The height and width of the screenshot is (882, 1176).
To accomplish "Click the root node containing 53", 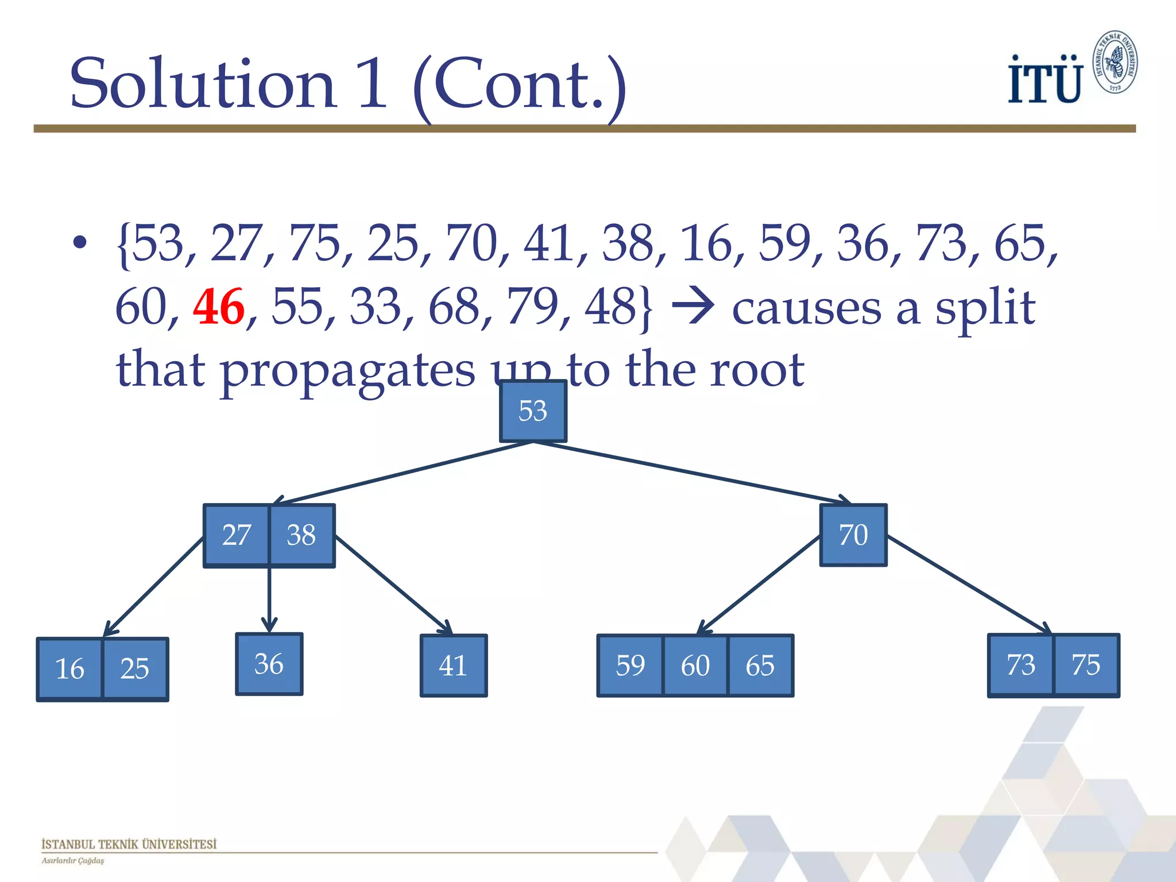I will coord(533,411).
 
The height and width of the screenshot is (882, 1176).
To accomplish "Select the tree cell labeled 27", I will coord(237,535).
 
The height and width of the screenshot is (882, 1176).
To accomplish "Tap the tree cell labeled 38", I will coord(301,535).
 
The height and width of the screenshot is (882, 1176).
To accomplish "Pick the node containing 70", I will coord(853,535).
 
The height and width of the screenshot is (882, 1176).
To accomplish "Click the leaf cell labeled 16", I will coord(69,669).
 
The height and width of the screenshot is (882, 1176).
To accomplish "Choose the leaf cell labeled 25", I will coord(135,669).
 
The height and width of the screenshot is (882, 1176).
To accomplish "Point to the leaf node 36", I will coord(269,664).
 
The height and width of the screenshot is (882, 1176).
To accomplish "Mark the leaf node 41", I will coord(453,666).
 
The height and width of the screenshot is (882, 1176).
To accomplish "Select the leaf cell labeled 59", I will coord(630,666).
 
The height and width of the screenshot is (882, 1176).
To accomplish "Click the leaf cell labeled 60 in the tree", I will coord(695,666).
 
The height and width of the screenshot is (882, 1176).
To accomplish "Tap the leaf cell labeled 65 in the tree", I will coord(760,666).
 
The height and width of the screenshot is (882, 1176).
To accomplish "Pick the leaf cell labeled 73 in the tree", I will coord(1021,665).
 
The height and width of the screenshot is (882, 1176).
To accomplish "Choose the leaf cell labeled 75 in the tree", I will coord(1086,665).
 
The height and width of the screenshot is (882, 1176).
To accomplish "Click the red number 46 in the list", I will coord(218,307).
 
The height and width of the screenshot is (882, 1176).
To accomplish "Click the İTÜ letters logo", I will coord(1045,80).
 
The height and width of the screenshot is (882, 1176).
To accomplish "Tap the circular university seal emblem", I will coord(1115,62).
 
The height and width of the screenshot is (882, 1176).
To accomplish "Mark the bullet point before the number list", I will coord(80,243).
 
